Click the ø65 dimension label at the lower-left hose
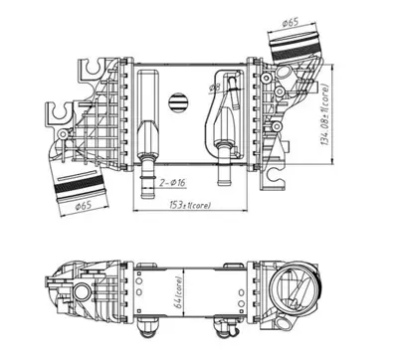click(x=82, y=205)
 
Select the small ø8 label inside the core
click(x=212, y=89)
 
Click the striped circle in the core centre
click(x=180, y=102)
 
